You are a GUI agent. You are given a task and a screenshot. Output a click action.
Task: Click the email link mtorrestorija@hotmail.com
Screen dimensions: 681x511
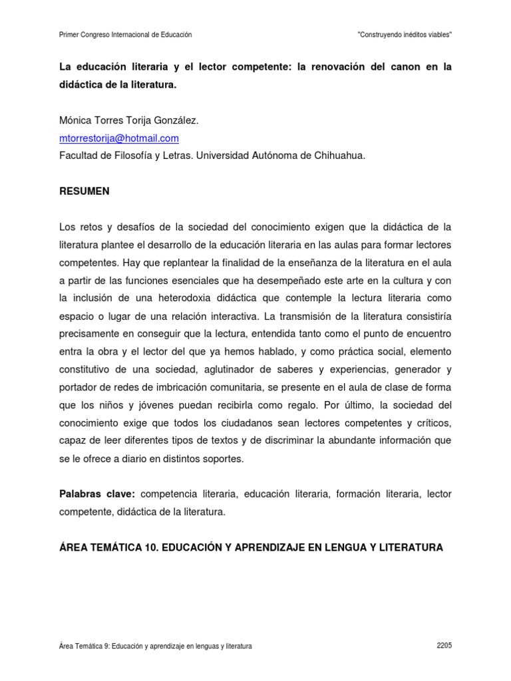point(119,138)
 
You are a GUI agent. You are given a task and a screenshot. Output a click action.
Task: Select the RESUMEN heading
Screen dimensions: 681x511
point(85,191)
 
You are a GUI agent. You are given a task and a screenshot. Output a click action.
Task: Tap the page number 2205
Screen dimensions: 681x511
point(444,646)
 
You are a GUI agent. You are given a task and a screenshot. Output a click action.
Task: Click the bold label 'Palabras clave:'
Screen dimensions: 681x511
point(97,493)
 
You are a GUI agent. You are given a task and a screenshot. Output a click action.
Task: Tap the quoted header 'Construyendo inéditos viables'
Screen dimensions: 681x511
point(405,35)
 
